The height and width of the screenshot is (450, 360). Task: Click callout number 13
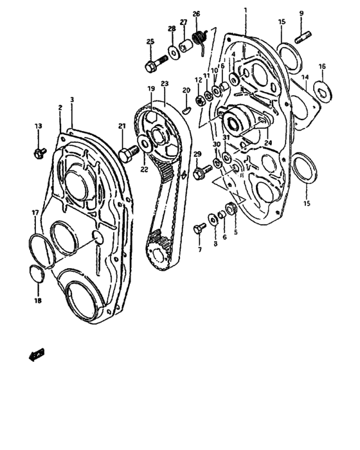coord(38,126)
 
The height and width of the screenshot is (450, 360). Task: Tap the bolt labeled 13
coord(39,152)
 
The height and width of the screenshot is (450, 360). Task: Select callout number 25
coord(150,42)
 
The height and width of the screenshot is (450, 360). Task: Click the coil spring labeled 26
coord(201,42)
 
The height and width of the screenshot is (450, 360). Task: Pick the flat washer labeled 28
coord(173,51)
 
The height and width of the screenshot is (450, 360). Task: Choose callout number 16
coord(322,66)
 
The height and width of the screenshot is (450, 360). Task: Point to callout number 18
coord(38,301)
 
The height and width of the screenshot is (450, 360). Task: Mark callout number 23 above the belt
coord(164,84)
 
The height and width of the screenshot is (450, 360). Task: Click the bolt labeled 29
coord(201,171)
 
